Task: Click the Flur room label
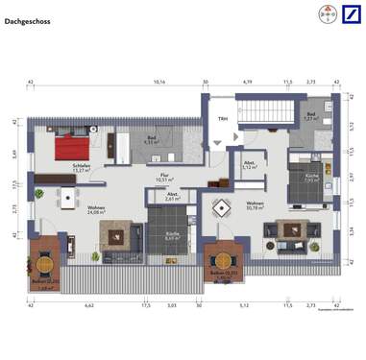(x=163, y=178)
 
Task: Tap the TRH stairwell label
(x=222, y=119)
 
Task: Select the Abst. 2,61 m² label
(x=173, y=198)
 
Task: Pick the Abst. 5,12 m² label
(x=249, y=165)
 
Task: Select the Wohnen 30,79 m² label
(x=256, y=206)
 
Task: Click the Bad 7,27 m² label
(x=310, y=118)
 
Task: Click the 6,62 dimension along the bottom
(x=89, y=306)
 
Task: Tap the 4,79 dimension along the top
(x=247, y=84)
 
